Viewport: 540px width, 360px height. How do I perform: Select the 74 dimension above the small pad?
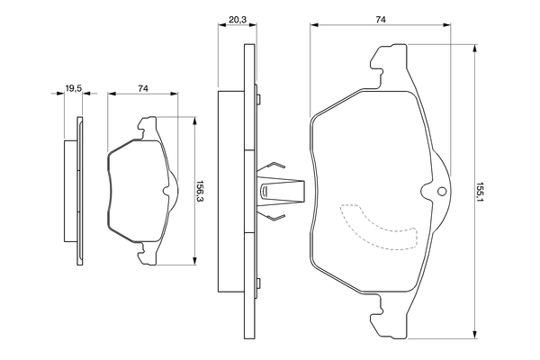(143, 87)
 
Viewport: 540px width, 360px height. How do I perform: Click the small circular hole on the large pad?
(440, 192)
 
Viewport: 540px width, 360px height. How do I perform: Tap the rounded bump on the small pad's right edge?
(167, 191)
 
